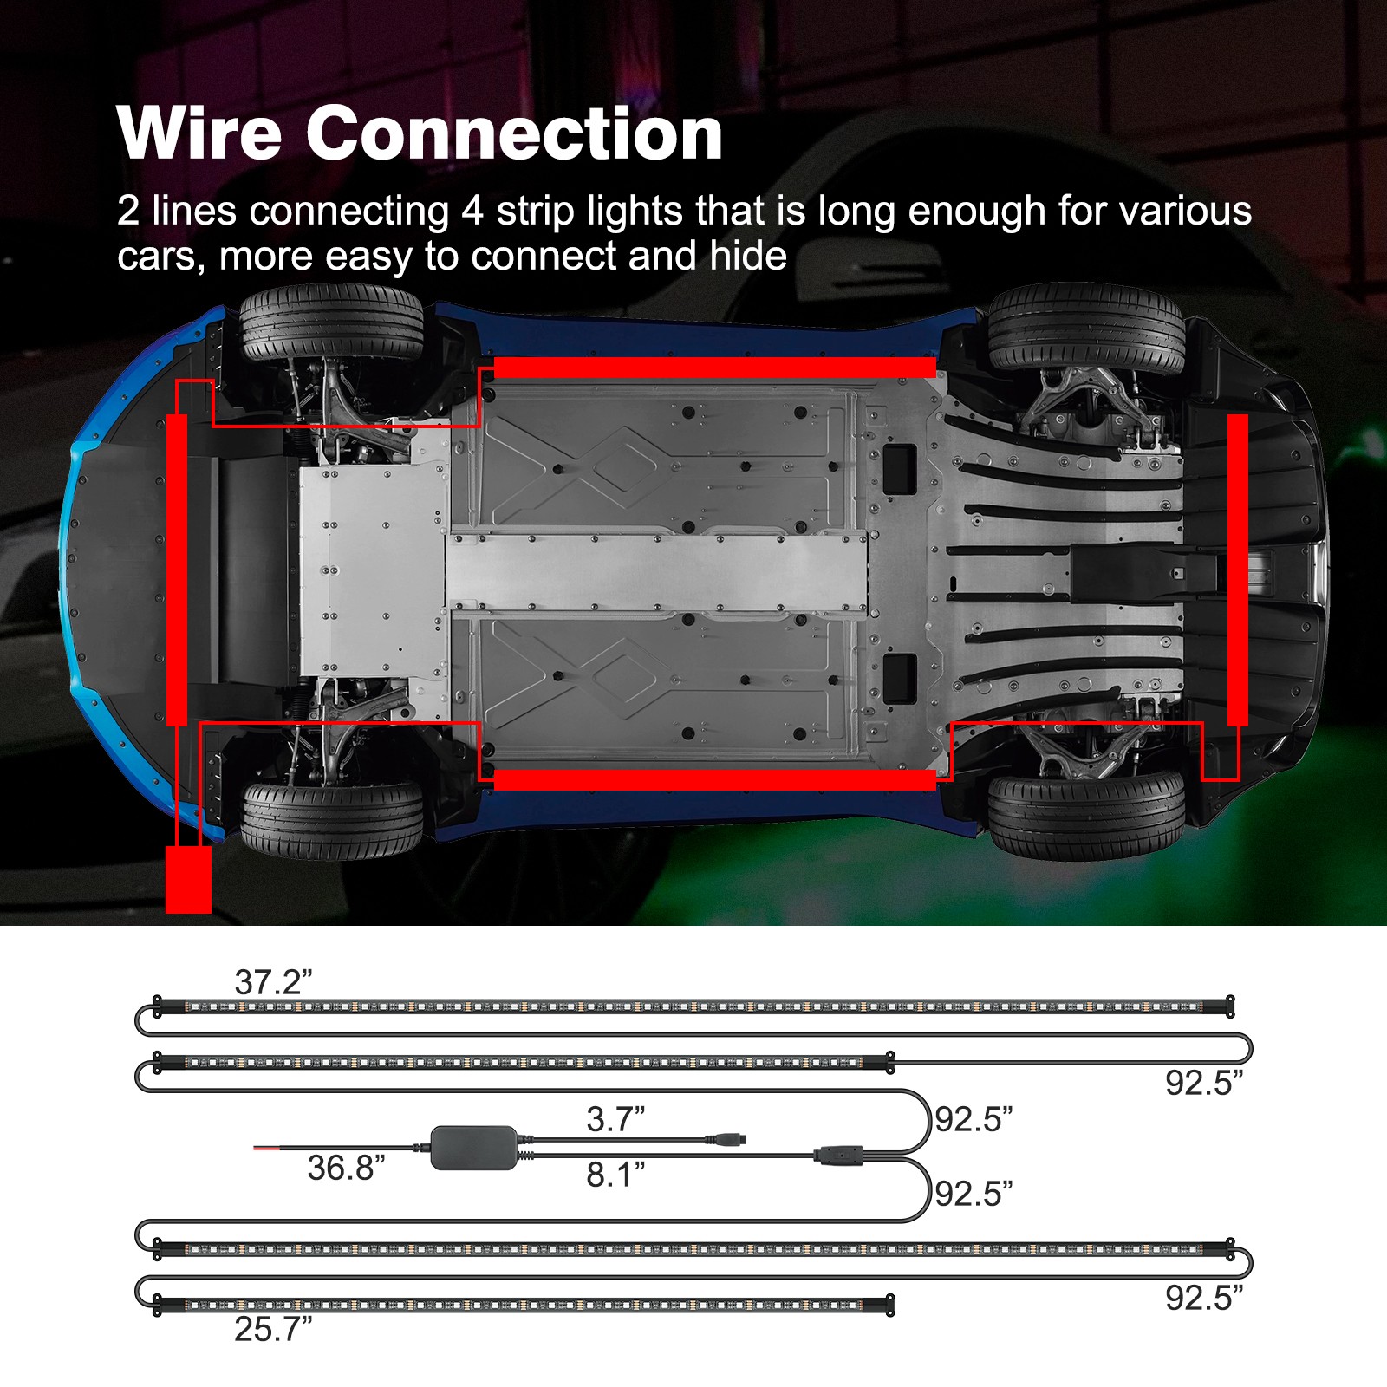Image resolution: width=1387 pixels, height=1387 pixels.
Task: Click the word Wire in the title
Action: [199, 134]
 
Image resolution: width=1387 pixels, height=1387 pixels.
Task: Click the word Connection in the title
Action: [514, 134]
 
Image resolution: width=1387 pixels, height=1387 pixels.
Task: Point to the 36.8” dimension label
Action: [346, 1168]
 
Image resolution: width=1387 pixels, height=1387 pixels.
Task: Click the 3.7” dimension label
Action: [615, 1118]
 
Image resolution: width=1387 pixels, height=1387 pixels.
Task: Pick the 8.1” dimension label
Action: [615, 1175]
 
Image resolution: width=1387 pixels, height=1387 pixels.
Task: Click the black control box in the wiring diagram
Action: [474, 1148]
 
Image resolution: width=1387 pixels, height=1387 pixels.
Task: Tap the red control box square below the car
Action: [188, 879]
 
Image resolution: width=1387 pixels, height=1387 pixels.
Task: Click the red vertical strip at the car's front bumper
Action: [177, 570]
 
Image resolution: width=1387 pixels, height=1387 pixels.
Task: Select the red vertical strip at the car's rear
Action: [1237, 570]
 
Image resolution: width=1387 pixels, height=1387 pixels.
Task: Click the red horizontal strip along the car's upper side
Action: [714, 368]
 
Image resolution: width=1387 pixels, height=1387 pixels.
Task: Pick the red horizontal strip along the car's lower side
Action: [714, 779]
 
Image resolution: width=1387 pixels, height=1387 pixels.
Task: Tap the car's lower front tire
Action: [331, 820]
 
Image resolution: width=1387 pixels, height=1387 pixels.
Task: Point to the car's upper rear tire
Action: [1085, 328]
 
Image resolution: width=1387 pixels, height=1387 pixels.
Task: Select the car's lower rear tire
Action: [1085, 815]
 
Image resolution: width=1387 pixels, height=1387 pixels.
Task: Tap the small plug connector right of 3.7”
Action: [726, 1139]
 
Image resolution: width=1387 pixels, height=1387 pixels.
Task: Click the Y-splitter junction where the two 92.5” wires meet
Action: [837, 1155]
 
